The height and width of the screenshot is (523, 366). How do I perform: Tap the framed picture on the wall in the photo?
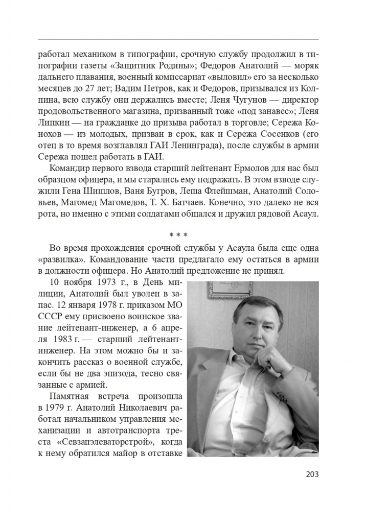tap(231, 290)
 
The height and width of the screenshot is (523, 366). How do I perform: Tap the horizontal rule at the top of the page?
tap(178, 39)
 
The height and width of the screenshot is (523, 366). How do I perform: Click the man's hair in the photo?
tap(256, 306)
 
